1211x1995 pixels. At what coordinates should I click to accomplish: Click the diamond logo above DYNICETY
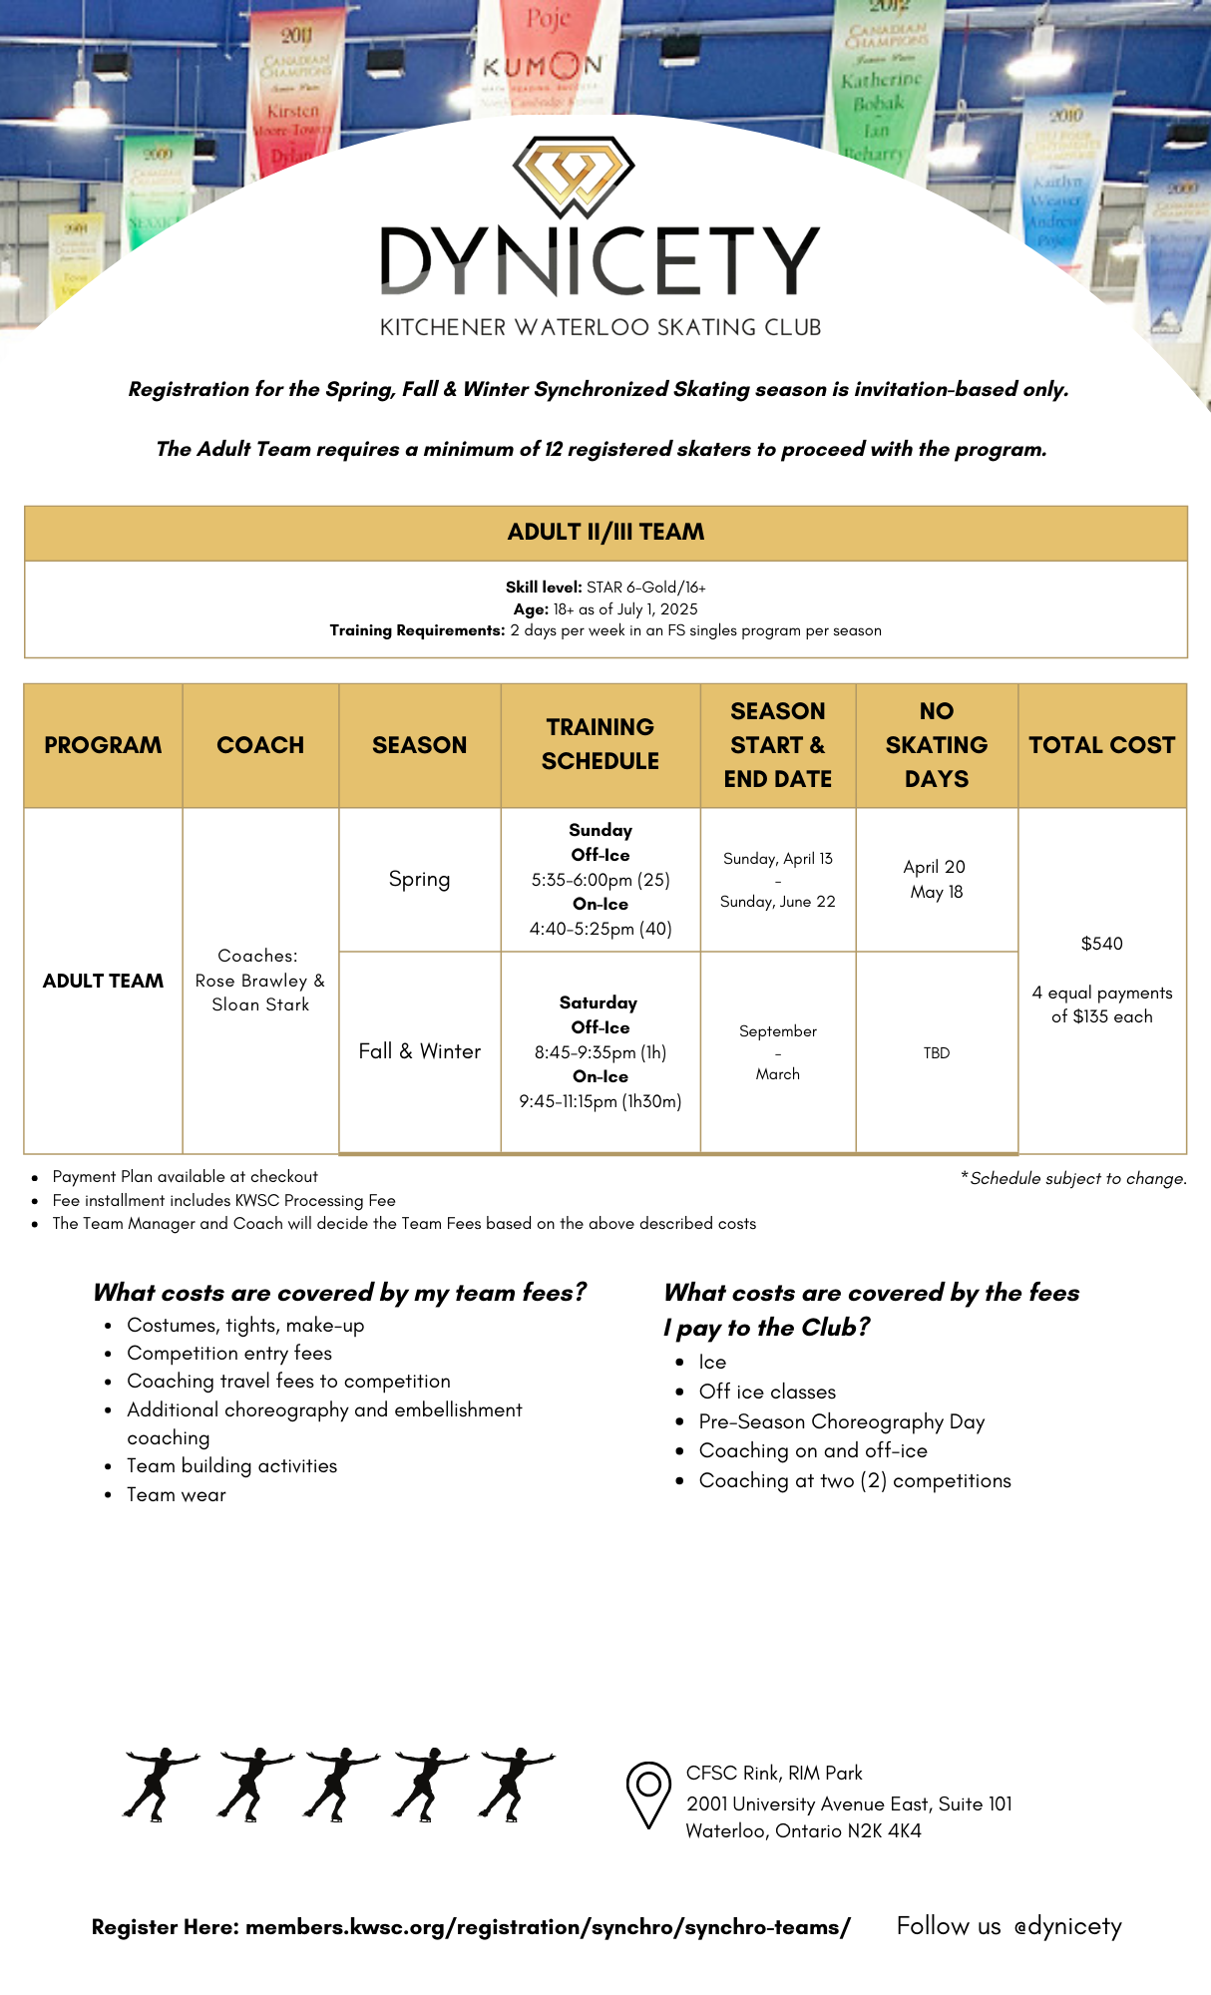(574, 177)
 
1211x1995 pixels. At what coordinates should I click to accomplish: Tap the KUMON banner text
(543, 67)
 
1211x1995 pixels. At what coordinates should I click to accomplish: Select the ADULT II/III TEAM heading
(605, 532)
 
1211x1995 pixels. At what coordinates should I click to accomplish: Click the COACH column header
(260, 745)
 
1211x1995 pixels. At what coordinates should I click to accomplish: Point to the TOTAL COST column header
(1101, 745)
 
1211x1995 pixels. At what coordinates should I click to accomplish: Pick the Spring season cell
(419, 879)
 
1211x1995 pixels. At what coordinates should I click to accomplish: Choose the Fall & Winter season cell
(419, 1051)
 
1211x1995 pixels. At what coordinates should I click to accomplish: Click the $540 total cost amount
(1101, 944)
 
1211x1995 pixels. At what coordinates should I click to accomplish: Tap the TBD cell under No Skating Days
(936, 1053)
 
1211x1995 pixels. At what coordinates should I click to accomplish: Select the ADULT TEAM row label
(103, 981)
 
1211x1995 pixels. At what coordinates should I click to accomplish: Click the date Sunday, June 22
(777, 902)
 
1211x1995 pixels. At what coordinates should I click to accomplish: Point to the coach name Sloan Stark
(260, 1005)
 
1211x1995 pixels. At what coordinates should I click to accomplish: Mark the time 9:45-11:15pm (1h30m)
(600, 1101)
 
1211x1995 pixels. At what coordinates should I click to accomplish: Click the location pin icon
(647, 1794)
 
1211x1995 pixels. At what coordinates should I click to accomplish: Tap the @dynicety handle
(1067, 1926)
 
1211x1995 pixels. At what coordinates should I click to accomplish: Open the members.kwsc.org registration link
(548, 1927)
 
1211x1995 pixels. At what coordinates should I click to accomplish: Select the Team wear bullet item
(177, 1494)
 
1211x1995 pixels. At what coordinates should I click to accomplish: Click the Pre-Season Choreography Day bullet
(841, 1421)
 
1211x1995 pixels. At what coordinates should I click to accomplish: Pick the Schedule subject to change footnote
(1076, 1178)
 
